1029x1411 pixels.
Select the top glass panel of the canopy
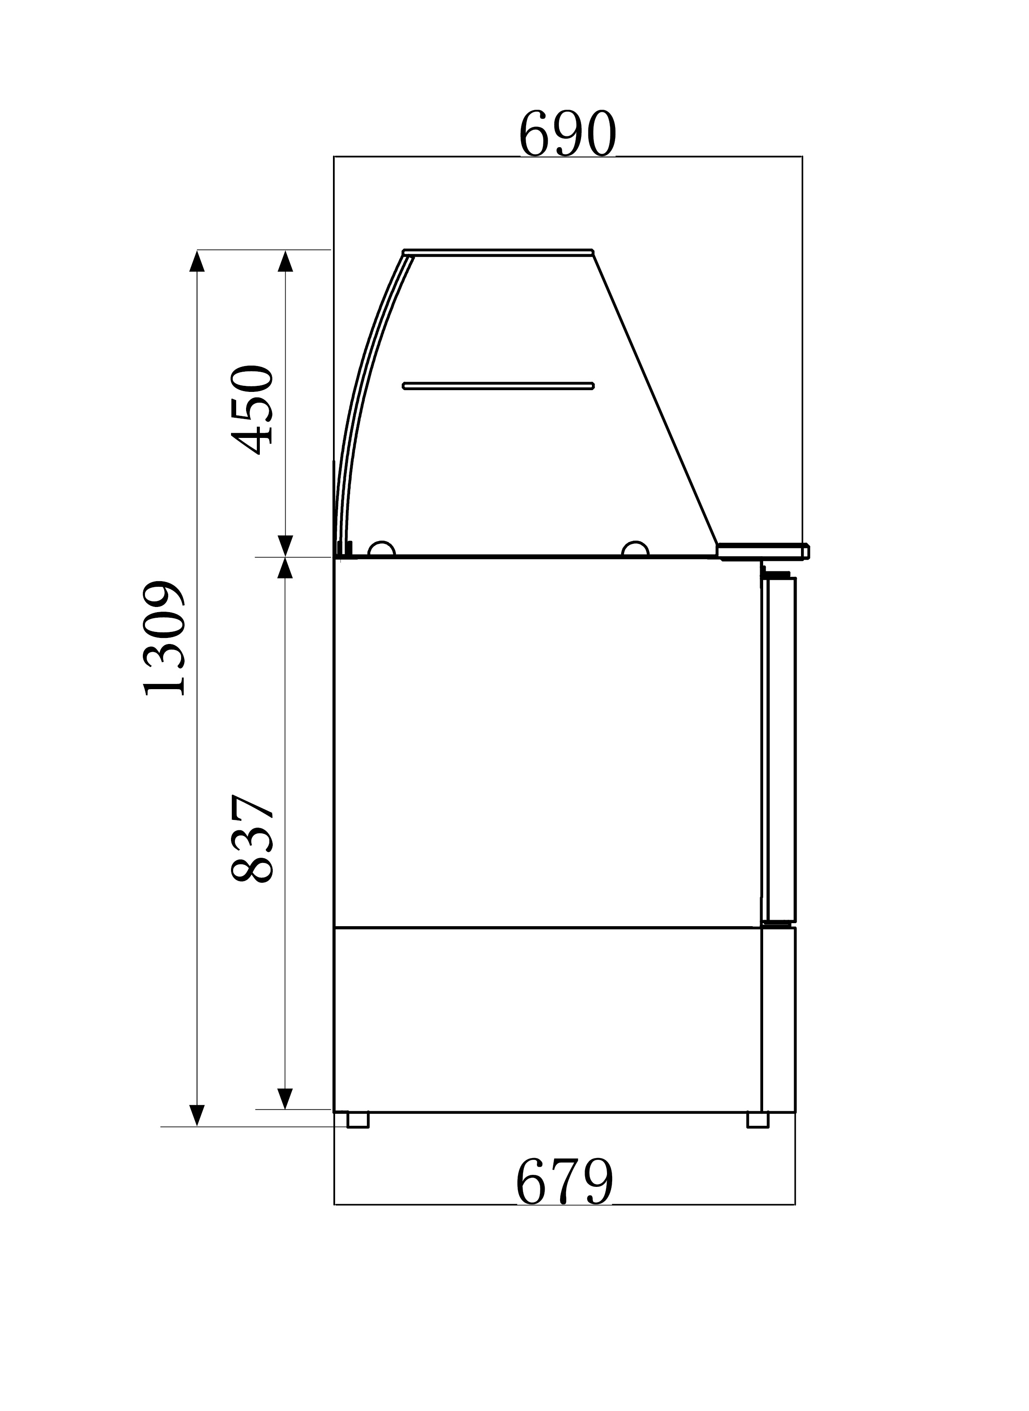[498, 252]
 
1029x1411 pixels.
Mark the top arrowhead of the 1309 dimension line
[197, 261]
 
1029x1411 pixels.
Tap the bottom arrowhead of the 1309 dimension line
[197, 1115]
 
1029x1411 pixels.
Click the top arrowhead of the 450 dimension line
[285, 261]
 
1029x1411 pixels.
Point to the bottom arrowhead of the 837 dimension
[285, 1098]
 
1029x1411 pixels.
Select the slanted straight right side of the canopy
[654, 399]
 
